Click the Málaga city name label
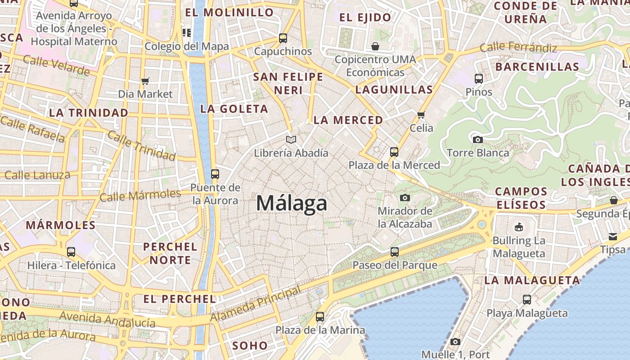[292, 203]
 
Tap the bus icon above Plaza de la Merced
[394, 152]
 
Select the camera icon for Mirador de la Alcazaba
[405, 198]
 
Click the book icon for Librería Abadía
[291, 140]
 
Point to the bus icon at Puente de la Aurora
[215, 174]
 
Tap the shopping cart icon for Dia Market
[145, 81]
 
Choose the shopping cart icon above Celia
[421, 115]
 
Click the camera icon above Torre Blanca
[478, 139]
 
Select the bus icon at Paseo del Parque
[395, 252]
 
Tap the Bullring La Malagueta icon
[519, 227]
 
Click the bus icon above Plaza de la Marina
[320, 317]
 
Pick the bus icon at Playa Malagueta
[527, 299]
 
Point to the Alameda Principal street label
[256, 304]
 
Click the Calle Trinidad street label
[141, 147]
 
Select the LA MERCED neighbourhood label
[348, 120]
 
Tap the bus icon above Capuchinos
[283, 38]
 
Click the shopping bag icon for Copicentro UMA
[375, 46]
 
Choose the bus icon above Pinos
[479, 79]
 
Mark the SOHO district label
[250, 346]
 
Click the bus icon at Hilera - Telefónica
[71, 252]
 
